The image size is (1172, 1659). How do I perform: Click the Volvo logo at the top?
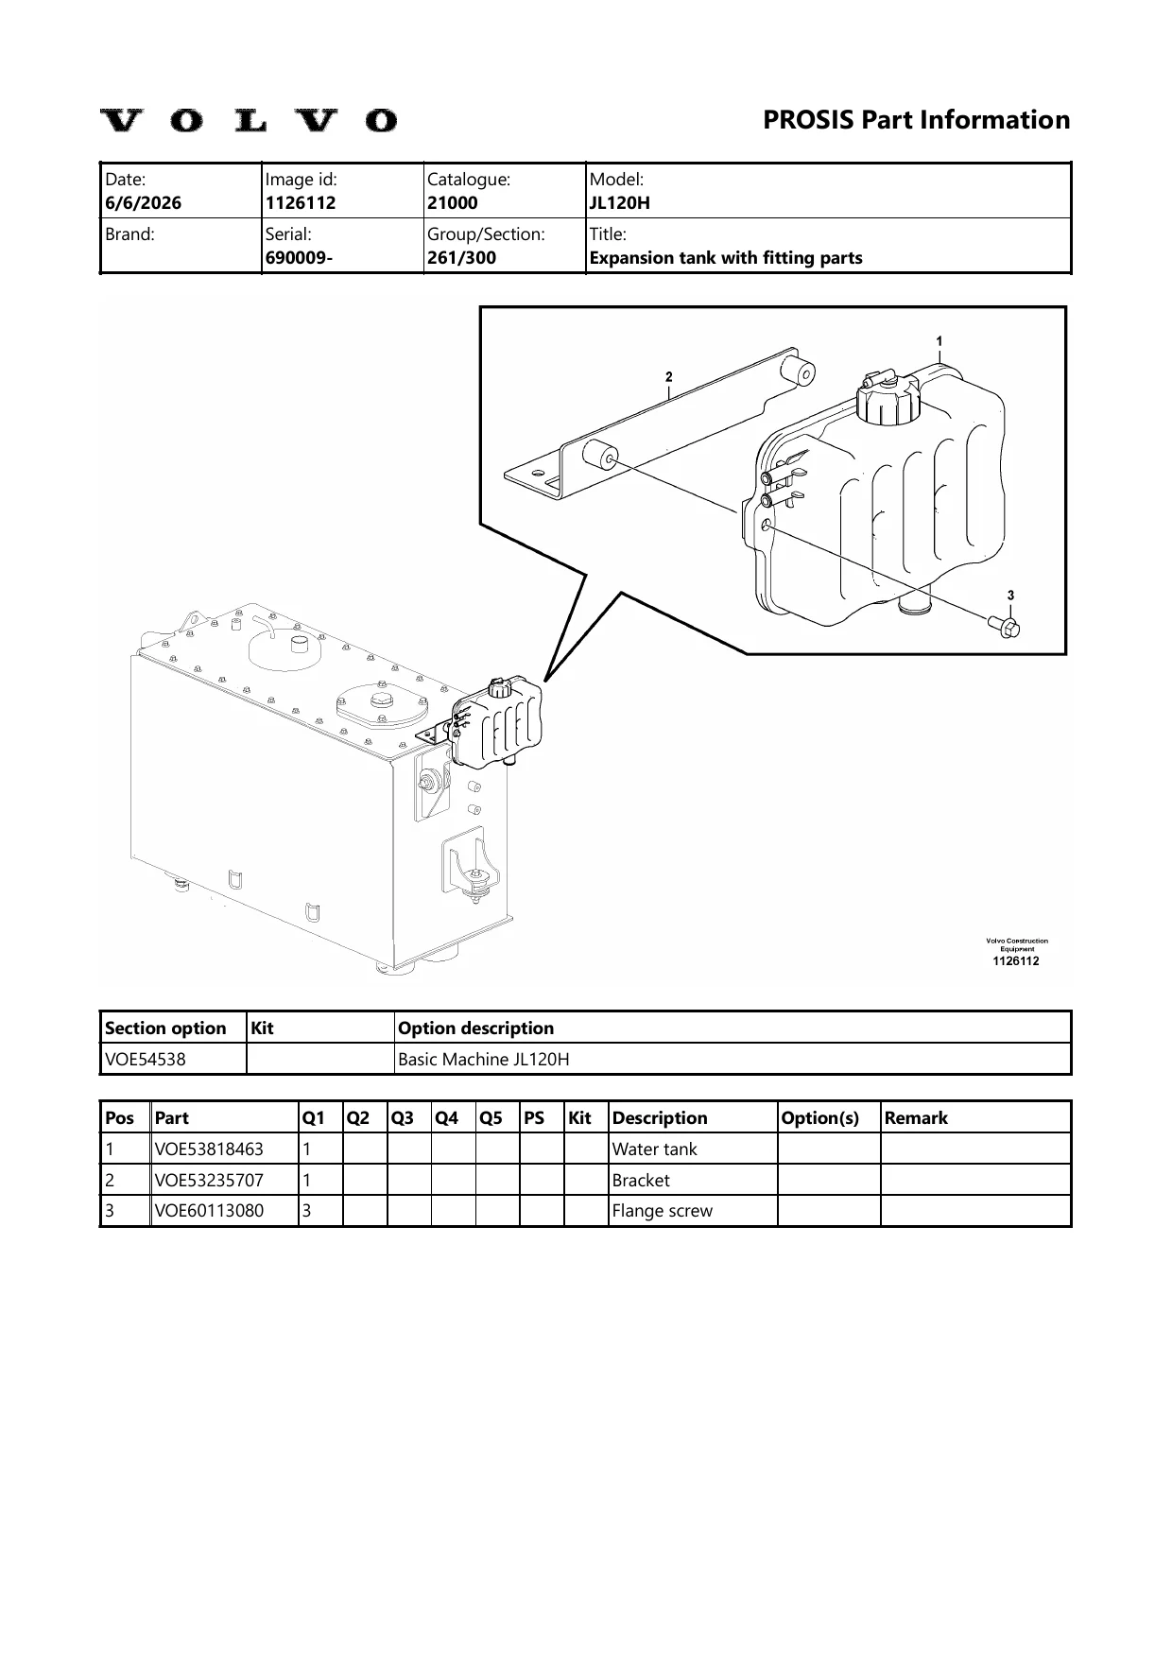tap(249, 120)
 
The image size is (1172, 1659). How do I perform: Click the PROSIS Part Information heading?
tap(916, 120)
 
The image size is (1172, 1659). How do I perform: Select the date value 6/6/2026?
tap(143, 202)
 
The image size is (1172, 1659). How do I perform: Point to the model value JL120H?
tap(619, 202)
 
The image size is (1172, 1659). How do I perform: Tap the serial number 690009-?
tap(299, 257)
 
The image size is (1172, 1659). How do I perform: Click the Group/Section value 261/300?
tap(461, 257)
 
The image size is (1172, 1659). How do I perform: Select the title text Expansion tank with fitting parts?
tap(725, 257)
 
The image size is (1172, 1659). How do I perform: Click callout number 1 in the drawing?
tap(939, 340)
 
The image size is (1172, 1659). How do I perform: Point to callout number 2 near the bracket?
tap(669, 376)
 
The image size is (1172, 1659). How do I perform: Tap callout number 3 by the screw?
tap(1010, 596)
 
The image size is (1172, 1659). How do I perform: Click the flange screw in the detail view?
tap(1008, 626)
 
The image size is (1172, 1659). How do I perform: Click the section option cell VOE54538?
tap(146, 1060)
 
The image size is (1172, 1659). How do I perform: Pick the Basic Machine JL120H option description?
tap(484, 1060)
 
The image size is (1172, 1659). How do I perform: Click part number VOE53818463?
tap(209, 1149)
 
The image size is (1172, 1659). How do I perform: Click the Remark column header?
tap(916, 1118)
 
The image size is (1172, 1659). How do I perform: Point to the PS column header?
tap(534, 1118)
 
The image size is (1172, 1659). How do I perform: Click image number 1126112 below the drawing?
tap(1016, 961)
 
